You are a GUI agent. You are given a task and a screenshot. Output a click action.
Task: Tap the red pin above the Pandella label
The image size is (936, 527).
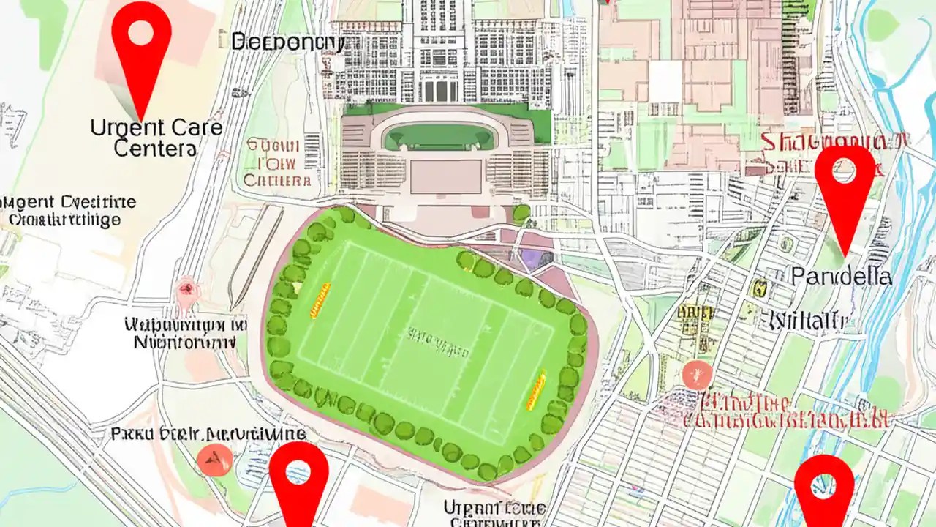[x=845, y=183]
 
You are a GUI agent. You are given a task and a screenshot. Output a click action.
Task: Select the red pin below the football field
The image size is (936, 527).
[x=298, y=476]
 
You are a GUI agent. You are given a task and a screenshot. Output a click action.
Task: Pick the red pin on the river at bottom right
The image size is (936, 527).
[x=824, y=487]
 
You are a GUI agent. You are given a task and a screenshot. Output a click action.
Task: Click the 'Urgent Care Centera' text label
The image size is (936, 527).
[x=156, y=138]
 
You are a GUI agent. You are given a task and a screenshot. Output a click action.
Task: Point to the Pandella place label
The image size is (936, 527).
[x=841, y=277]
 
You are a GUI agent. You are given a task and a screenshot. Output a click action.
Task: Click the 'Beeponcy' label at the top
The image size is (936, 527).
[x=287, y=42]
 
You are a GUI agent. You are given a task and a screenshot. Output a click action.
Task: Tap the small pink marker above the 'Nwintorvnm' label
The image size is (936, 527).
[x=187, y=289]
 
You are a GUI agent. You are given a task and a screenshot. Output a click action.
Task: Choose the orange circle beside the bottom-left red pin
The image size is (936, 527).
[x=215, y=459]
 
